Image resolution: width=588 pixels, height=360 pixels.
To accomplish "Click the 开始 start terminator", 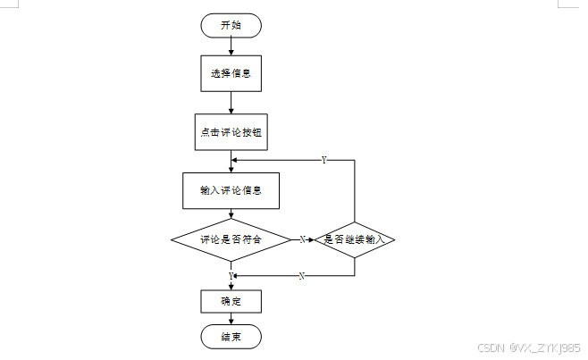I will pos(231,25).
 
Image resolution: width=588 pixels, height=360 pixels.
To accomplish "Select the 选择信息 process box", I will pos(231,73).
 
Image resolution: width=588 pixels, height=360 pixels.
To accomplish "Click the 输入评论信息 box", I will pos(231,189).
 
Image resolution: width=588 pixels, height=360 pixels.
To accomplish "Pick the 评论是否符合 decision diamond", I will pos(231,239).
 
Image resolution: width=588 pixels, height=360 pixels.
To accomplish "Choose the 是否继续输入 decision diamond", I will pos(355,239).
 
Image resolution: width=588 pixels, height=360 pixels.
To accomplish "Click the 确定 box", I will pos(231,301).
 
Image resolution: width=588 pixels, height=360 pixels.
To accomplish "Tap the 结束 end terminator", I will pos(231,337).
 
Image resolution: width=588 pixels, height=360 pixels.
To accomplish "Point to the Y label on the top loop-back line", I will pos(323,160).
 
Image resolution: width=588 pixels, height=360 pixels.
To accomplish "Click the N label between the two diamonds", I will pos(302,239).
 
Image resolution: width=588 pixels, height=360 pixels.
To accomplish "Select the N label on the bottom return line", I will pos(301,276).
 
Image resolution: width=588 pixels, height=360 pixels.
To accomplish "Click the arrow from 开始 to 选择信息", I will pos(231,47).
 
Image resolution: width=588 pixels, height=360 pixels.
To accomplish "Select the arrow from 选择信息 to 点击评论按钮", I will pos(231,102).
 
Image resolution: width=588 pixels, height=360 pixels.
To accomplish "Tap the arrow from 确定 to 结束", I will pos(231,319).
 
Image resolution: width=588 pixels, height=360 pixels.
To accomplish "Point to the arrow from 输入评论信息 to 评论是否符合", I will pos(231,213).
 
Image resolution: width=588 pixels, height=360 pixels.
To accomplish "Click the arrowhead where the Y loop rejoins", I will pos(235,161).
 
